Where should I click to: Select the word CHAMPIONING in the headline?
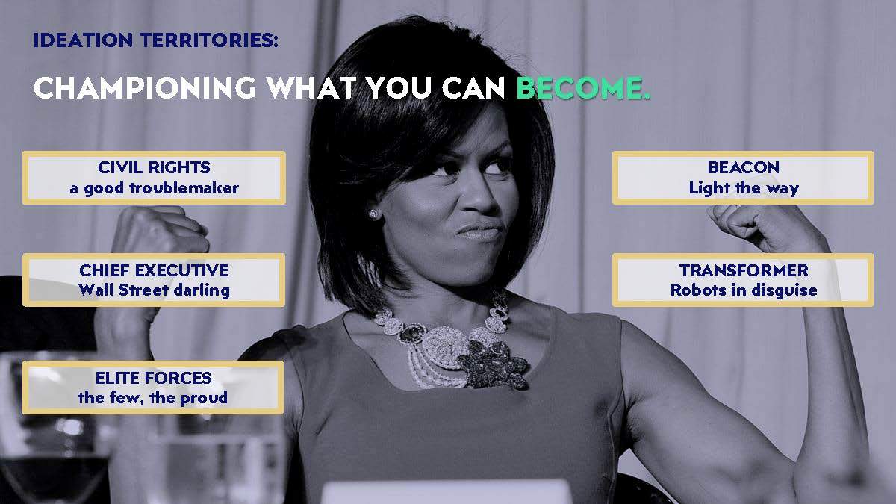(x=145, y=87)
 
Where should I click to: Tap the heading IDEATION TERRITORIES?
(x=155, y=40)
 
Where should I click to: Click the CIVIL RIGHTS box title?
(x=154, y=167)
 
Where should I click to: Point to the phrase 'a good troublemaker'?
(x=154, y=188)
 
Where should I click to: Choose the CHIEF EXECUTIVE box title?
(x=154, y=270)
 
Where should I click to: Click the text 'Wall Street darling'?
(x=154, y=290)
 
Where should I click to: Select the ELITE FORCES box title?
(x=153, y=378)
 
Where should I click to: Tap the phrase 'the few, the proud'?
(x=153, y=397)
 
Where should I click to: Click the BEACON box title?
(x=743, y=167)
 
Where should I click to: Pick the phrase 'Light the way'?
(x=743, y=188)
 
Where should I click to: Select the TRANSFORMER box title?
(x=744, y=270)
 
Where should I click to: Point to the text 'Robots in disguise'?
(x=744, y=290)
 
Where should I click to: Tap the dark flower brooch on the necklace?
(x=494, y=365)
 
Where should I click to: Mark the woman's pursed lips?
(x=480, y=231)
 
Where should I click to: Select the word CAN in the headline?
(x=473, y=87)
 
